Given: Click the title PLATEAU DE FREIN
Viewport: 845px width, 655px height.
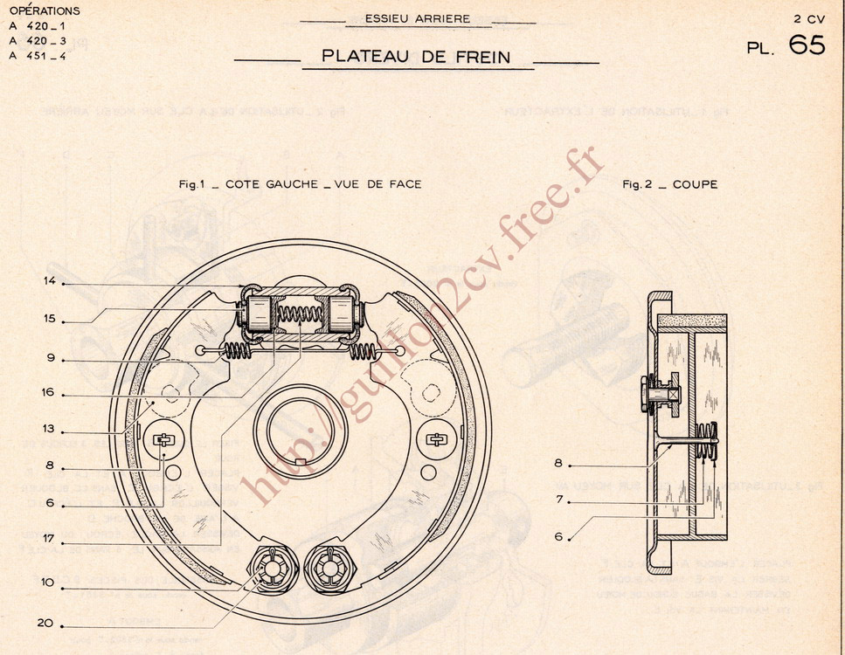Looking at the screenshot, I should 415,56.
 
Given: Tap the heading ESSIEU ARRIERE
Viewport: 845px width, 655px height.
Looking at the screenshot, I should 417,18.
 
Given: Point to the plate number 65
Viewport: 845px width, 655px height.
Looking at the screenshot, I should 807,45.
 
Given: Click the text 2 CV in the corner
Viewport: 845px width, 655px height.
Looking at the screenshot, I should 809,18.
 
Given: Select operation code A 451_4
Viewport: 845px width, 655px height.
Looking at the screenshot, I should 38,56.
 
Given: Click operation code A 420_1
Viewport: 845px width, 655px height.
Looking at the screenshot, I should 38,26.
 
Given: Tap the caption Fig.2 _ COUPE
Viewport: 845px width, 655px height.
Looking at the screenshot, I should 670,184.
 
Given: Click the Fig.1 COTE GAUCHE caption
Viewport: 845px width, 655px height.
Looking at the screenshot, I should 300,184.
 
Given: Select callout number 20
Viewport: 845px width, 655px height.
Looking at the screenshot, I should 47,624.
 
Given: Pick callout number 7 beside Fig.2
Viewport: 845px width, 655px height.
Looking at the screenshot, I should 559,500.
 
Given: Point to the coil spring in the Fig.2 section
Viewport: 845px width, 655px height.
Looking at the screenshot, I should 709,441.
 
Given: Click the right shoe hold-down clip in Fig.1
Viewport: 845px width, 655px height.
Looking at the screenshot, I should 436,439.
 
